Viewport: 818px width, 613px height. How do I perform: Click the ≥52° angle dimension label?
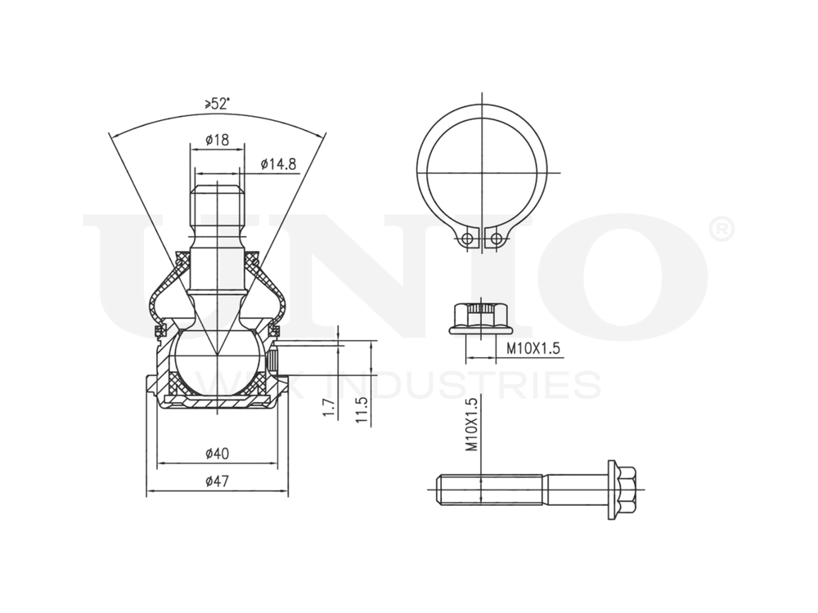pyautogui.click(x=217, y=104)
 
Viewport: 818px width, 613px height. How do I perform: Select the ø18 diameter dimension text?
pyautogui.click(x=217, y=140)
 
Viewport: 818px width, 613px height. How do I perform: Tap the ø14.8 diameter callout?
pyautogui.click(x=279, y=164)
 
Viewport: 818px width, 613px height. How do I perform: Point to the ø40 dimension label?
pyautogui.click(x=217, y=453)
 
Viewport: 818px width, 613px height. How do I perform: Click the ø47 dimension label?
pyautogui.click(x=217, y=482)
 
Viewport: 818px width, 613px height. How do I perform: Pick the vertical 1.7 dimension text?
pyautogui.click(x=329, y=409)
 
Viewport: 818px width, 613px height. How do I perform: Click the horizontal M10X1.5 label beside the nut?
pyautogui.click(x=532, y=349)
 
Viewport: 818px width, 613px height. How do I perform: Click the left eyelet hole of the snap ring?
pyautogui.click(x=467, y=239)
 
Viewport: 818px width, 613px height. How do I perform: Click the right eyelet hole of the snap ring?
pyautogui.click(x=494, y=239)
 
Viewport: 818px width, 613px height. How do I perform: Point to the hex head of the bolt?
pyautogui.click(x=623, y=490)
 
